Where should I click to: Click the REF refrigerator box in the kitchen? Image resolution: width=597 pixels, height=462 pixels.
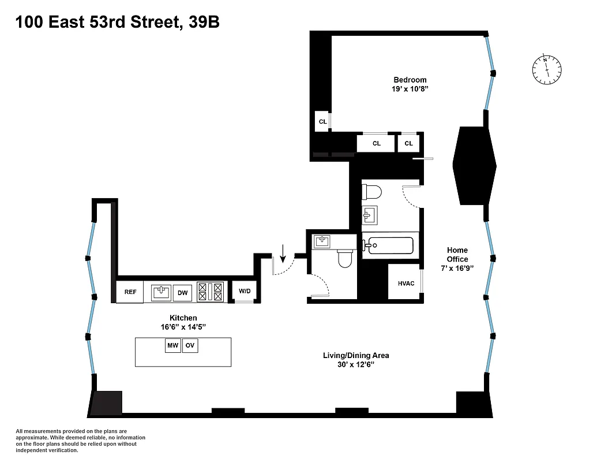[130, 292]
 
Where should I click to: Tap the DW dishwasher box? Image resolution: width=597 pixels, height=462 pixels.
[182, 293]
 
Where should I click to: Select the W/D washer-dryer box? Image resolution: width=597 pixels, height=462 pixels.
[245, 291]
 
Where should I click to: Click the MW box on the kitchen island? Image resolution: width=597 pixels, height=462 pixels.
[172, 346]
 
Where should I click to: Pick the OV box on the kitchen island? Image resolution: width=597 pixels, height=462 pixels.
[190, 346]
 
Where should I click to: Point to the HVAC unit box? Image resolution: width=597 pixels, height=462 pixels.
[405, 284]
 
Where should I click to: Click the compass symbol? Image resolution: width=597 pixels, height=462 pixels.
[546, 69]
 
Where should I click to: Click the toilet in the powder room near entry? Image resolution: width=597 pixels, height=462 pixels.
[345, 258]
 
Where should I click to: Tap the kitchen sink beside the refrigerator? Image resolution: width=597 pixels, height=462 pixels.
[161, 293]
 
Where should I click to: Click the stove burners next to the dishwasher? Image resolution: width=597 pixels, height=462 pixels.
[210, 292]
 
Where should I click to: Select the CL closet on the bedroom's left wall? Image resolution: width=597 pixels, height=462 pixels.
[322, 122]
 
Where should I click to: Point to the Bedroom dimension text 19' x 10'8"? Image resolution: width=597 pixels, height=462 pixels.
[410, 89]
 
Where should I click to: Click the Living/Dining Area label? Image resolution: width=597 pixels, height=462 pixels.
[352, 356]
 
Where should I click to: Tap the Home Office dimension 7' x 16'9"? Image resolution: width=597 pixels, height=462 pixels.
[457, 269]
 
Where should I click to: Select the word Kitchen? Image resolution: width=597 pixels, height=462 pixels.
[183, 318]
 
